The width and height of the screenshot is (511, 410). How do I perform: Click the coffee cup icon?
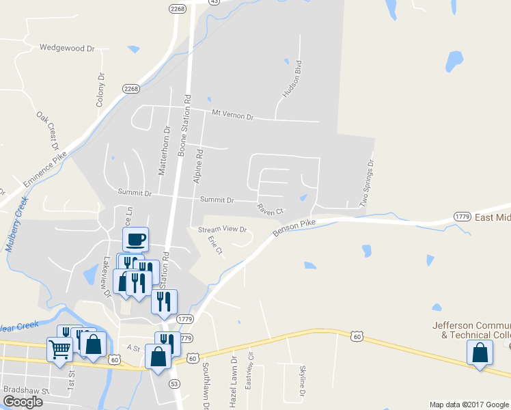135,238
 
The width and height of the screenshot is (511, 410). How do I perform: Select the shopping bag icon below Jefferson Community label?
480,353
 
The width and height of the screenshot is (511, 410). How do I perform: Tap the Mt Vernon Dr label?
232,115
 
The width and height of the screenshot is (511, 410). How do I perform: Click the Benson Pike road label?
294,228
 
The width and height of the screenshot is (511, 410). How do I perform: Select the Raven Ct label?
270,208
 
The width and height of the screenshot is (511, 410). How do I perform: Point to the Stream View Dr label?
221,230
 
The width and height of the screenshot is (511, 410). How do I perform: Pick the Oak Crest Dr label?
49,131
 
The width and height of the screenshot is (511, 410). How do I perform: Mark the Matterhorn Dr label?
163,150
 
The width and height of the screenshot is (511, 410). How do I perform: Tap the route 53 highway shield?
175,383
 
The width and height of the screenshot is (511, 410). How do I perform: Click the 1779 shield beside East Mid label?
462,217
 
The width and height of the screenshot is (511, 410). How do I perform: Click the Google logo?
22,402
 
